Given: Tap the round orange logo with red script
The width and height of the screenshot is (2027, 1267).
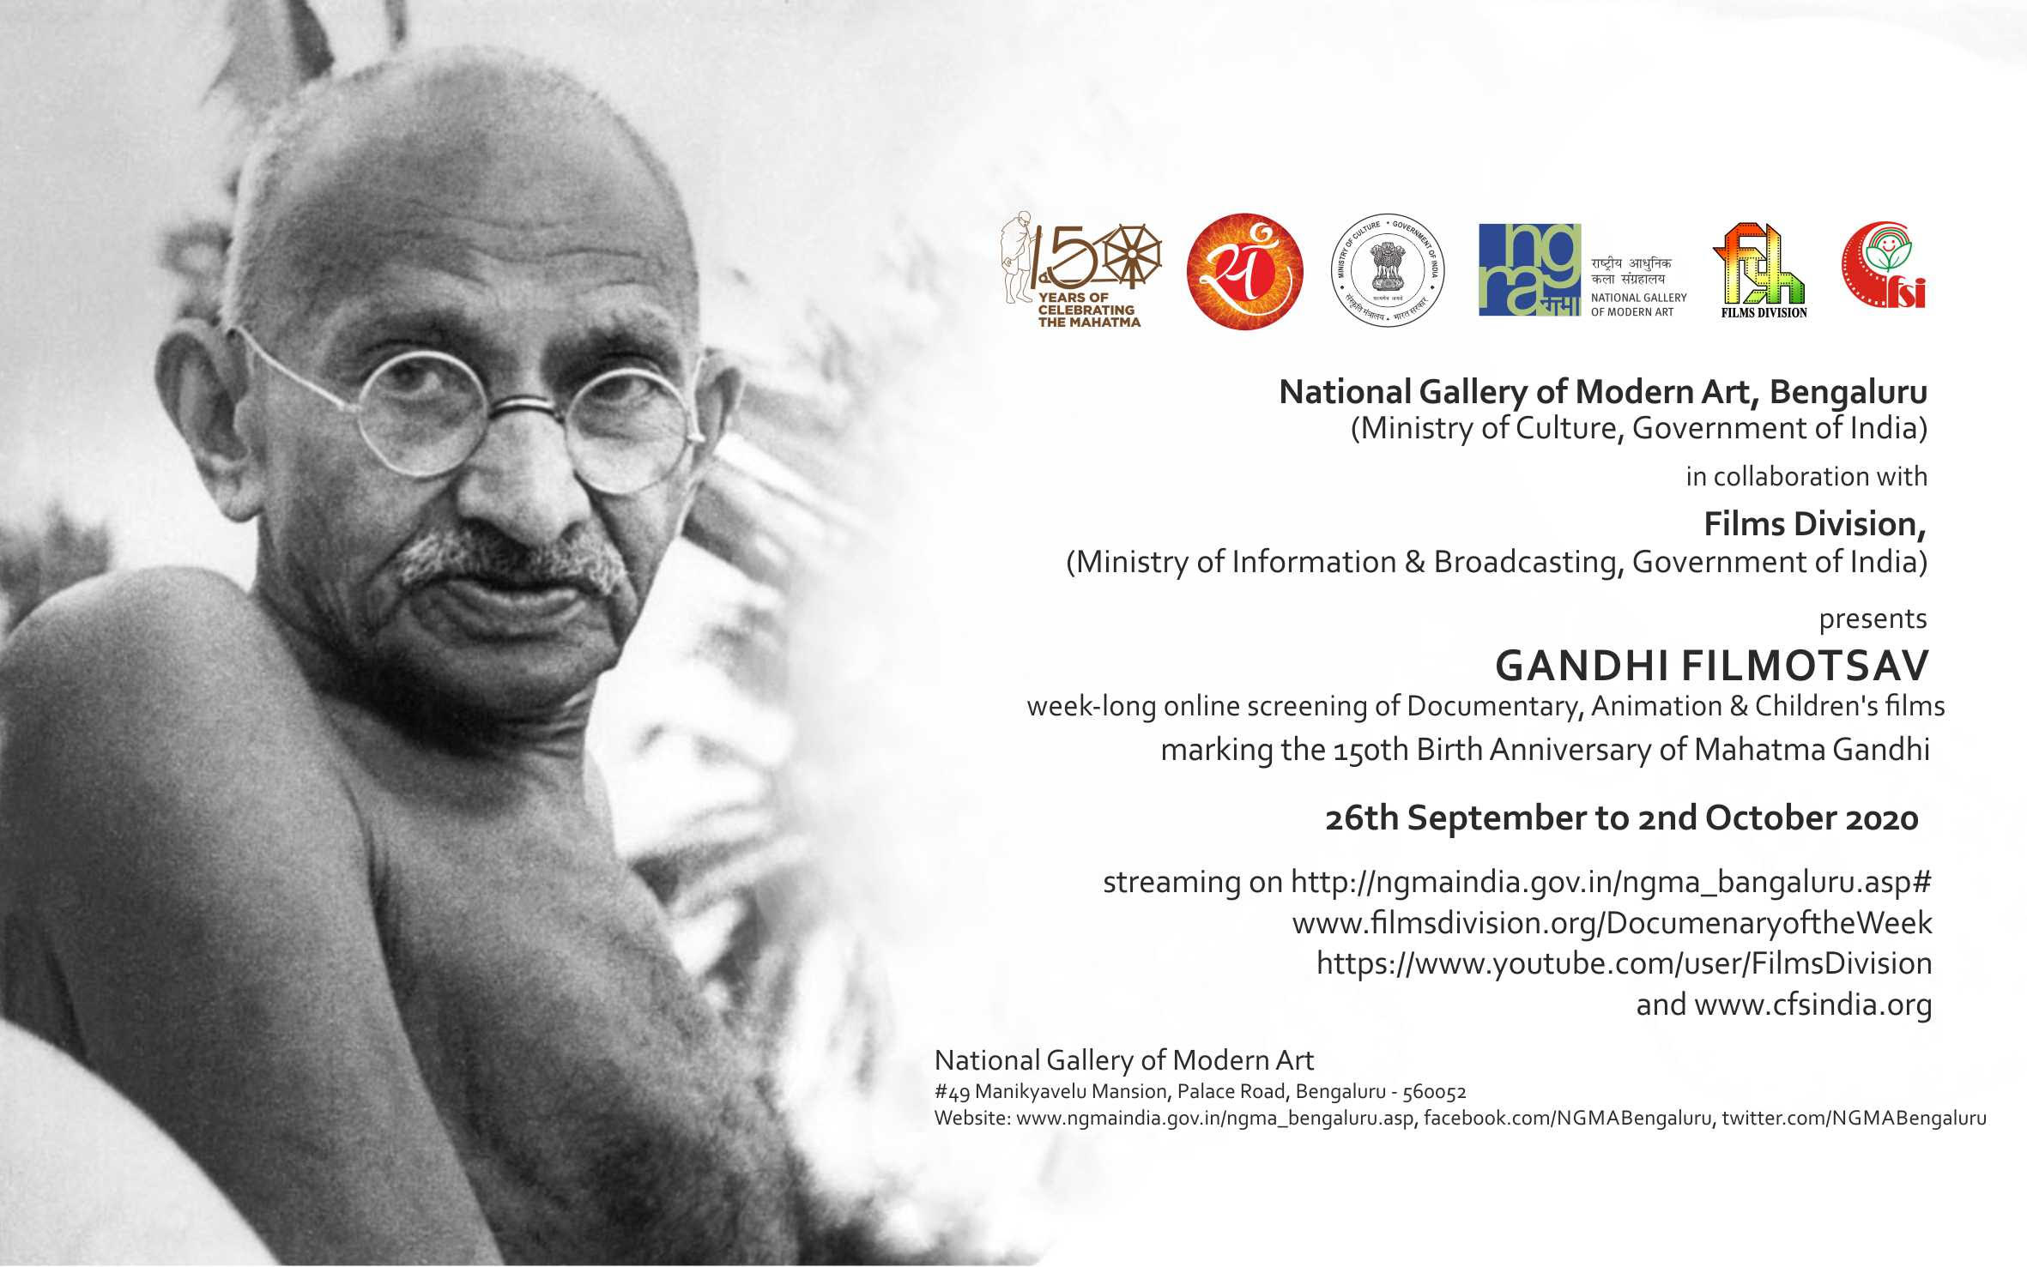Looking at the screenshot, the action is [x=1244, y=271].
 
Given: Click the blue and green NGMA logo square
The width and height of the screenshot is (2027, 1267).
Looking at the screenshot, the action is [x=1529, y=269].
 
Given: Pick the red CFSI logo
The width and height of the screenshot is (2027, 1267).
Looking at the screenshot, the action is [x=1884, y=265].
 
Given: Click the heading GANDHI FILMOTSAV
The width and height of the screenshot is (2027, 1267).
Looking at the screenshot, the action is [x=1712, y=666].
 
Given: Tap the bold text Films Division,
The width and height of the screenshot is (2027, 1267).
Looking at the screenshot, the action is [x=1815, y=524].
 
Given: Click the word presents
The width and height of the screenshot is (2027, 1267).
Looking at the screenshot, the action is [x=1873, y=619].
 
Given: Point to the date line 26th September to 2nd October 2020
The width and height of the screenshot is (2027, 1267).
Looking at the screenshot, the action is [x=1621, y=818].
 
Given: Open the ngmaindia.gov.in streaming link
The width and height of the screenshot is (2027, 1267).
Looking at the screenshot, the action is [x=1609, y=883].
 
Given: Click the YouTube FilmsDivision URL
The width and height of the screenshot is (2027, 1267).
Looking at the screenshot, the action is [x=1624, y=963].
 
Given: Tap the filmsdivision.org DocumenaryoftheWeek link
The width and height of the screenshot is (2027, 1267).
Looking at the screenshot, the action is [x=1612, y=923].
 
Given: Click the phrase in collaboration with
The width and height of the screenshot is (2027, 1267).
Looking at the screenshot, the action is [x=1806, y=476].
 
